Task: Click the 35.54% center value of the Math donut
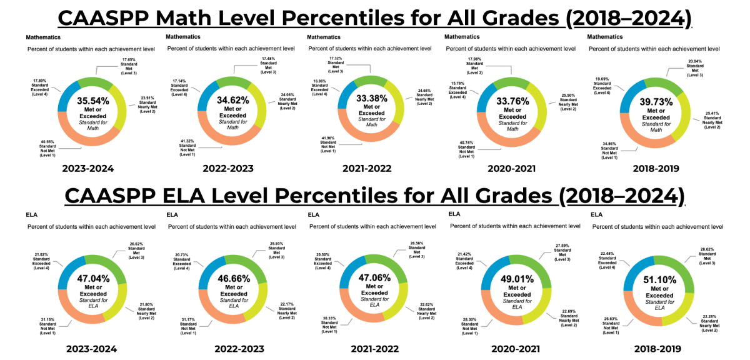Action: [93, 100]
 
